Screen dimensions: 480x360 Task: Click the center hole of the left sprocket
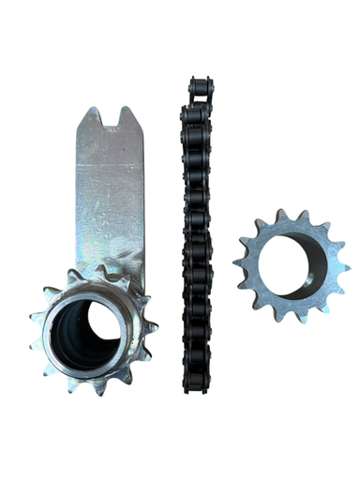(90, 332)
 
